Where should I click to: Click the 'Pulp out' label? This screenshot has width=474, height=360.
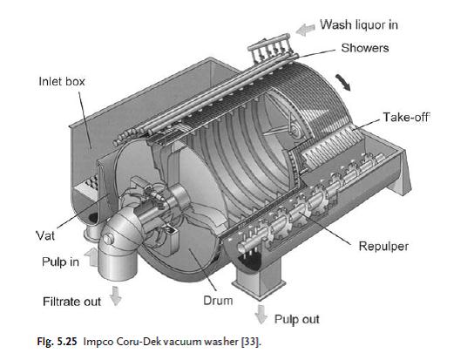(x=296, y=320)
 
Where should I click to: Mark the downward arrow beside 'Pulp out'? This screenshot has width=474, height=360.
(x=260, y=313)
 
